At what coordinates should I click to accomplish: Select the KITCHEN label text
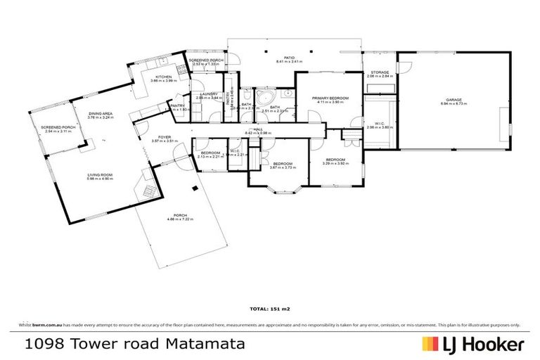[x=163, y=77]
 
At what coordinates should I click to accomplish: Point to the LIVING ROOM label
[x=100, y=174]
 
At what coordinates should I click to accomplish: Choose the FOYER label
[x=164, y=136]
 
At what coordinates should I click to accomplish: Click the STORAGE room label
[x=380, y=72]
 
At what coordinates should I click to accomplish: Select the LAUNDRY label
[x=208, y=94]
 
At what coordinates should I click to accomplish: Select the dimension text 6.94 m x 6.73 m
[x=454, y=104]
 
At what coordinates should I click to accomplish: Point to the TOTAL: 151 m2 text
[x=269, y=309]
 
